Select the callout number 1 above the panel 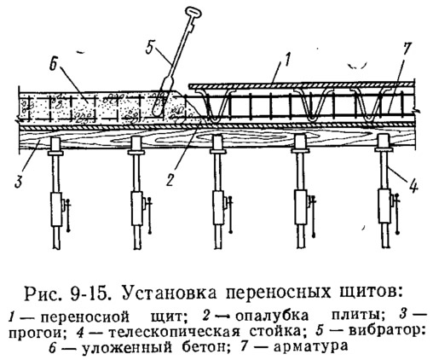point(288,61)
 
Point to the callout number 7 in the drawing point(406,49)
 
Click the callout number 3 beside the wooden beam point(20,181)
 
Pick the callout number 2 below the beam point(170,180)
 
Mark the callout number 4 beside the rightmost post point(413,187)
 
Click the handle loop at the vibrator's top point(193,13)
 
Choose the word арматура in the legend point(310,346)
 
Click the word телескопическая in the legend point(175,332)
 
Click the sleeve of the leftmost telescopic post point(56,209)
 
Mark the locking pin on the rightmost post point(397,212)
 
